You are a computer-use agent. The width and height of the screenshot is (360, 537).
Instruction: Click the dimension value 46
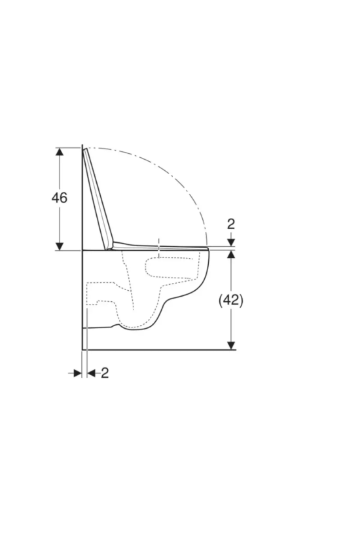60,198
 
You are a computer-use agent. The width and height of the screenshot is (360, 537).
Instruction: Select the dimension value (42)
231,300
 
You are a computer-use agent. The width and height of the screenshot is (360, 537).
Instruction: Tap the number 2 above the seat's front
231,225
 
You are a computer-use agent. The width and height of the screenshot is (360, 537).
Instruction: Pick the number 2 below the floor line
105,373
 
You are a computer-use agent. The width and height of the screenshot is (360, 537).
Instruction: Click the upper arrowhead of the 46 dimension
60,152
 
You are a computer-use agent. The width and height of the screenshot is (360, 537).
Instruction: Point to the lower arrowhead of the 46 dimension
60,246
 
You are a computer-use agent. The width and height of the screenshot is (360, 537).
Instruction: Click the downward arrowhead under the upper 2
231,242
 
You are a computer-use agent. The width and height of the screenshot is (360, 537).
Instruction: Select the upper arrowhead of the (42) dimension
231,255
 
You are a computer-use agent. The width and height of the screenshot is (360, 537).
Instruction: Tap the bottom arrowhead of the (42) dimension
231,346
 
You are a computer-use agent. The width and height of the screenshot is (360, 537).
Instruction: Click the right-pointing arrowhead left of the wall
78,373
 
